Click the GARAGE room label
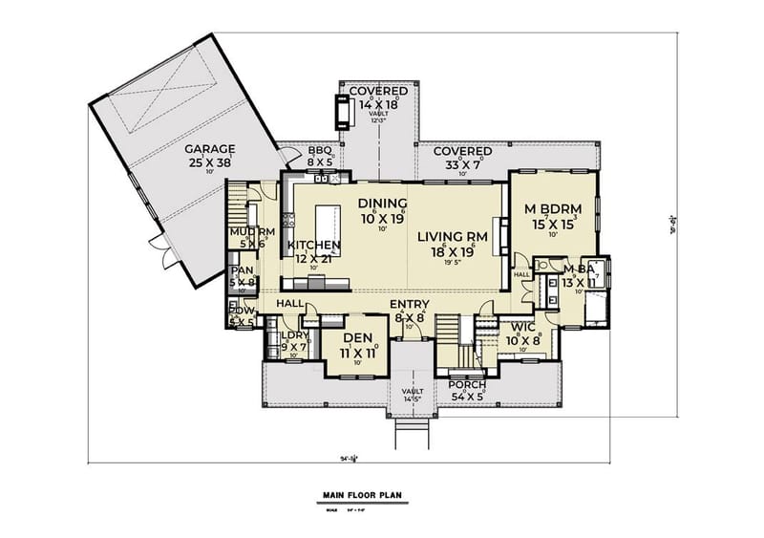pos(210,149)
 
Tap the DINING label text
pos(383,204)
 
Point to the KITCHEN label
pos(314,246)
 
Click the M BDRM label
pos(554,209)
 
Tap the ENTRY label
pos(408,304)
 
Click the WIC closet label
pos(524,326)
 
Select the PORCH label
pos(468,385)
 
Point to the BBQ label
pos(319,150)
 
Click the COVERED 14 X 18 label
pos(377,91)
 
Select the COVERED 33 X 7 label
pos(462,152)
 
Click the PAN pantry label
pos(243,269)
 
